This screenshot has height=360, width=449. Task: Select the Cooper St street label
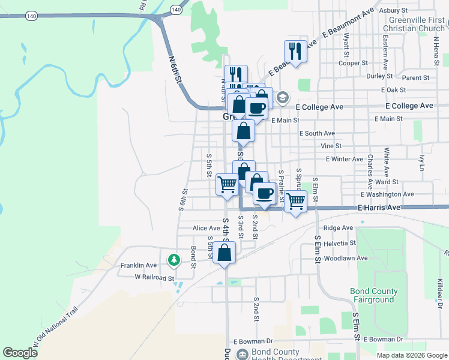(x=353, y=63)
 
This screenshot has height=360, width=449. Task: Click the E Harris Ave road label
(x=378, y=208)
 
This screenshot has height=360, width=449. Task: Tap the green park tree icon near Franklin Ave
(x=174, y=260)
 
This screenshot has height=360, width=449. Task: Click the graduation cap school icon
(x=283, y=97)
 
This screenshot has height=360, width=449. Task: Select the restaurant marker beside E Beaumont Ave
(x=295, y=50)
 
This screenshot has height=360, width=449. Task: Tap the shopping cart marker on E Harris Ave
(x=295, y=202)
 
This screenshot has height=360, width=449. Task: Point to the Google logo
(x=20, y=353)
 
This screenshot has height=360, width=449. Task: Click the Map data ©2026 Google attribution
(x=411, y=355)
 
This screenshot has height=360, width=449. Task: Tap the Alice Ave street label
(x=206, y=229)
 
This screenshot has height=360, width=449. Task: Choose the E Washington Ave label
(x=387, y=194)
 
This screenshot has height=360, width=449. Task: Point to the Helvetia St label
(x=340, y=243)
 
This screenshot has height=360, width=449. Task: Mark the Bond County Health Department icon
(x=243, y=354)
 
